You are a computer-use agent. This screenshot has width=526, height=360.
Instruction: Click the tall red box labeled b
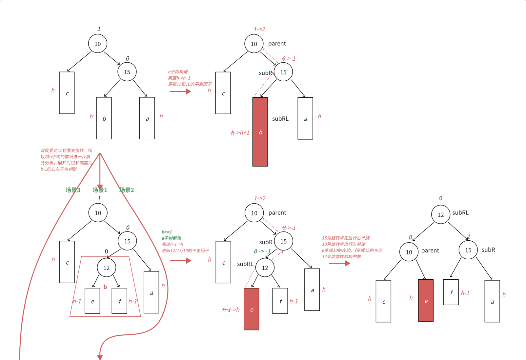(260, 132)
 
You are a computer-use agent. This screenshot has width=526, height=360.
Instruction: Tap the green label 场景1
(100, 190)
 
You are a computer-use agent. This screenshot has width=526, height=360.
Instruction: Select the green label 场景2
(127, 190)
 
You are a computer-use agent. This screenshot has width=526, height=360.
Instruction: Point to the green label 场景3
(73, 190)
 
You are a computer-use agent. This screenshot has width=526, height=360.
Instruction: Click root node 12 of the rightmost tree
(440, 215)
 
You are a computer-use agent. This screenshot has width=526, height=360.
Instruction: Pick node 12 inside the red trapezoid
(106, 268)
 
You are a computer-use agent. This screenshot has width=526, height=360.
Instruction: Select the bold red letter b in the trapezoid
(105, 287)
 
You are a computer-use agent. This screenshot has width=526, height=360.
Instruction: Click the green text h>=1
(167, 232)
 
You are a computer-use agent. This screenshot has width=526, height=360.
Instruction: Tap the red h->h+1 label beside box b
(240, 133)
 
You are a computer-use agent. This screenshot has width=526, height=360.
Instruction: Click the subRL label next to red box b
(280, 119)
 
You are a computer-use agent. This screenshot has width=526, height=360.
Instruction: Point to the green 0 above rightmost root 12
(440, 198)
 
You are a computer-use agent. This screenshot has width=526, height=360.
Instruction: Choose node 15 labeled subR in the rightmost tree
(468, 250)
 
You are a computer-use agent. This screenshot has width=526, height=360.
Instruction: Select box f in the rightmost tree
(451, 292)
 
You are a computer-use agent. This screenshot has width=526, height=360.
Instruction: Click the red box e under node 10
(426, 301)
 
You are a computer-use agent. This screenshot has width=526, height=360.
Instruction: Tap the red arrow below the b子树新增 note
(180, 91)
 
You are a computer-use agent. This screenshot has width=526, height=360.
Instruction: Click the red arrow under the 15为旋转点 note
(339, 263)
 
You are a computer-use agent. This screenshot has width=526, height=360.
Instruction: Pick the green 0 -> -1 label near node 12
(262, 251)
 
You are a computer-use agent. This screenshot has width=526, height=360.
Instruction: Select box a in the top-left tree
(147, 118)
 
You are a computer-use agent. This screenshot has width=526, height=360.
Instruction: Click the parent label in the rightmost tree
(430, 250)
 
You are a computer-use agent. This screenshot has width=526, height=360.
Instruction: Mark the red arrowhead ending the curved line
(100, 357)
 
